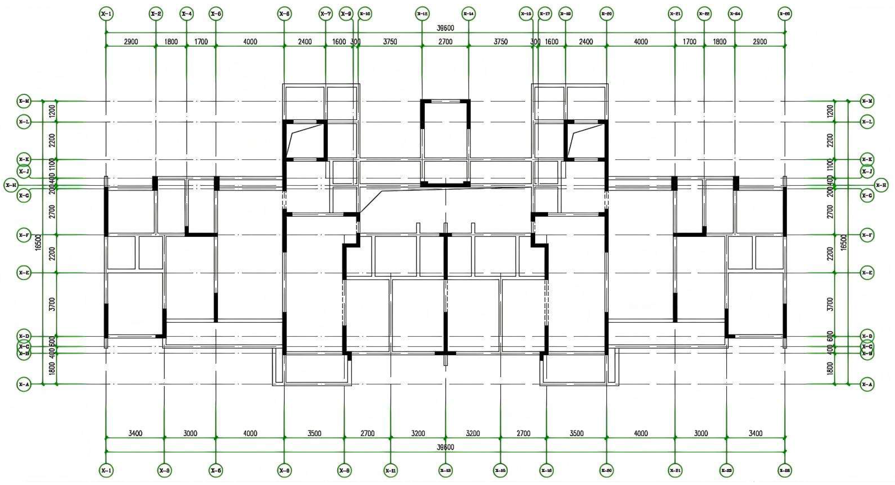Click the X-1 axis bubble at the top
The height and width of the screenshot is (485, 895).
click(106, 14)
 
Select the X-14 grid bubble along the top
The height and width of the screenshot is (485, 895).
click(468, 14)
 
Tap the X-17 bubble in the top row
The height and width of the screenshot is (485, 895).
click(545, 14)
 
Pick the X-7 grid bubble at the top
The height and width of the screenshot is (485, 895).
click(326, 14)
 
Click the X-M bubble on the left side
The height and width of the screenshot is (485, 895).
click(24, 101)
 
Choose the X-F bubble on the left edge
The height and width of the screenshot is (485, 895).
click(24, 235)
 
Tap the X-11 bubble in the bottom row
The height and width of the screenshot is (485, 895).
click(390, 471)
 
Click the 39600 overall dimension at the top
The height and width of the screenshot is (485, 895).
click(445, 28)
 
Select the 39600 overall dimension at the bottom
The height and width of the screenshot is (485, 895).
click(445, 447)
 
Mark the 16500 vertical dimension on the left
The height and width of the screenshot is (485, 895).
click(39, 242)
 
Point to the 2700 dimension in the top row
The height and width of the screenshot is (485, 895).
click(445, 42)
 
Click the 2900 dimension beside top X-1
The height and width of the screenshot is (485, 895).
click(131, 42)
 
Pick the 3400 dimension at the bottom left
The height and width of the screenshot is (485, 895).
click(135, 433)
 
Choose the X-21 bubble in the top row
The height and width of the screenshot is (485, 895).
click(675, 14)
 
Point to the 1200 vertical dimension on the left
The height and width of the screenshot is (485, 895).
click(52, 111)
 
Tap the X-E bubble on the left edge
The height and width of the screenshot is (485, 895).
click(24, 273)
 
